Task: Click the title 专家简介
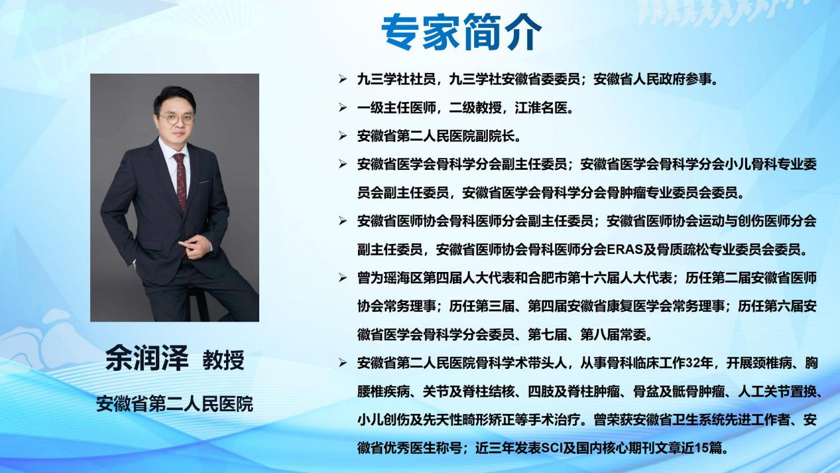(x=461, y=32)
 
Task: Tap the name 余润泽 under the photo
(x=147, y=358)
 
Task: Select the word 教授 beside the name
(x=223, y=360)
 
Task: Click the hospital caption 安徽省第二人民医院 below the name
(x=174, y=403)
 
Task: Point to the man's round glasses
(x=176, y=119)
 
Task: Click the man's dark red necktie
(x=180, y=181)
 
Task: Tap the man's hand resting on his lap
(x=195, y=247)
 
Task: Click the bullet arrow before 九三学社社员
(x=342, y=79)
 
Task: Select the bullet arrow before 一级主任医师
(x=342, y=107)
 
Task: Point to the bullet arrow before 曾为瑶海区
(x=342, y=277)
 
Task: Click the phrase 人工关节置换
(x=777, y=392)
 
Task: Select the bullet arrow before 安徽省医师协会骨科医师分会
(x=342, y=221)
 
